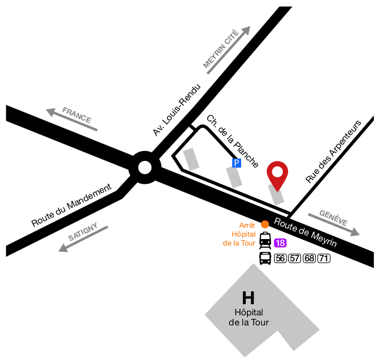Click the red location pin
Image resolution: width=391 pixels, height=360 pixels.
point(278,174)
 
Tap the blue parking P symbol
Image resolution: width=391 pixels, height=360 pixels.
point(236,163)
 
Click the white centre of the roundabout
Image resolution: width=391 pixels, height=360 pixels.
point(145,168)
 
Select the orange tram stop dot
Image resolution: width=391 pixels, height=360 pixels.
point(265,224)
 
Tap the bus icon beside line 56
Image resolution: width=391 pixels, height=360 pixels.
point(265,258)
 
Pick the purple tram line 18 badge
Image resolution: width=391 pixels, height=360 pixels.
point(280,243)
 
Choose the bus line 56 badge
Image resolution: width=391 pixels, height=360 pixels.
point(280,259)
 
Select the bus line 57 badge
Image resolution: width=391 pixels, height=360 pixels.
point(295,259)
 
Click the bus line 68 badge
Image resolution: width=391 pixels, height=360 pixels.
point(309,259)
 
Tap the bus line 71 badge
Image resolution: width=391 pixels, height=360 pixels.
point(323,259)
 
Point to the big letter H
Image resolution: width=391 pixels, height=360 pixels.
point(248,298)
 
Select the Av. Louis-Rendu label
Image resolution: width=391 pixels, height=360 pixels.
point(176,110)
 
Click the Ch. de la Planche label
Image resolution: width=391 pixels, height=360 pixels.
point(233,140)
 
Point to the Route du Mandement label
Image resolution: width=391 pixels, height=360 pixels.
point(71,206)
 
